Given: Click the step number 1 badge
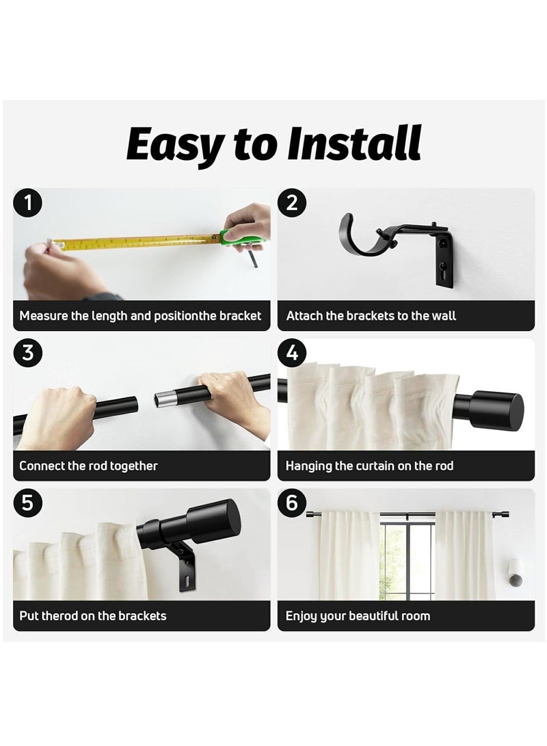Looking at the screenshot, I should pos(28,203).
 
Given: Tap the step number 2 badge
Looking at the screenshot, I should pos(293,203).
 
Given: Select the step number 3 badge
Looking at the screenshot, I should pos(28,353).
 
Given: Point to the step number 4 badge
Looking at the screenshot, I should pos(293,353).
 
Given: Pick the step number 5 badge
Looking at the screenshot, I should pos(28,503).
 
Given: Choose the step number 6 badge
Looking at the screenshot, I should pos(293,503).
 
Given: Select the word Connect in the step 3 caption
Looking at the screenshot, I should pos(42,466).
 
